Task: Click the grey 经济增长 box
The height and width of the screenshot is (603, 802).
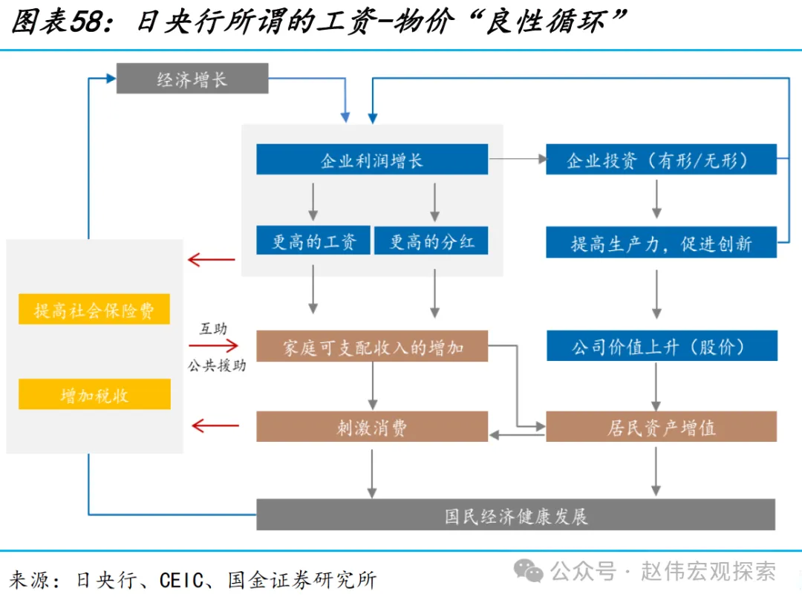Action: (x=192, y=79)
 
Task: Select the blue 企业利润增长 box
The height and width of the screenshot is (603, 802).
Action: (x=372, y=160)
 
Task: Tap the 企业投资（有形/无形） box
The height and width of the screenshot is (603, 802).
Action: (x=661, y=160)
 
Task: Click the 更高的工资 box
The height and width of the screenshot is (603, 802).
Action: (x=313, y=241)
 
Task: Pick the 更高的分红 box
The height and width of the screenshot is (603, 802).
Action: (x=431, y=241)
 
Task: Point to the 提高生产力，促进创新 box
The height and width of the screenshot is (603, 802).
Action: (x=661, y=243)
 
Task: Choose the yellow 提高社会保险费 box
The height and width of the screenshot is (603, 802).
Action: (x=94, y=310)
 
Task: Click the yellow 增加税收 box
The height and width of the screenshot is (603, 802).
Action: (x=94, y=394)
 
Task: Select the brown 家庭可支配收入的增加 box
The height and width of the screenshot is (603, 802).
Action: (x=372, y=347)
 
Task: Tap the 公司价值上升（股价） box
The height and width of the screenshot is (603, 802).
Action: (x=661, y=347)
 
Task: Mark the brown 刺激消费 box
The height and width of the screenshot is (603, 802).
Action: (x=372, y=427)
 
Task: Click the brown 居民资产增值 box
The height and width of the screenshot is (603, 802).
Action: (x=661, y=427)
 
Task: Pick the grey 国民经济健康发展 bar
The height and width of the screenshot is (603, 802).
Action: (x=515, y=515)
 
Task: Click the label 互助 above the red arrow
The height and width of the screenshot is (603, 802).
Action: (x=213, y=328)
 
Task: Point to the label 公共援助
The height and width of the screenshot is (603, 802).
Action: (x=216, y=366)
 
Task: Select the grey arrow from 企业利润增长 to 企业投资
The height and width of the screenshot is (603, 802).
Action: (x=517, y=159)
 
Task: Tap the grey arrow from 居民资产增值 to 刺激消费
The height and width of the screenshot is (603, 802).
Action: (x=517, y=435)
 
